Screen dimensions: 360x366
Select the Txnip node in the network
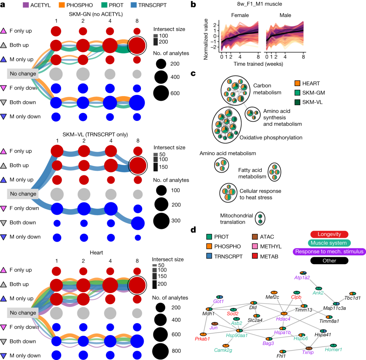click(x=309, y=348)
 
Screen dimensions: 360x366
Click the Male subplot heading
click(x=285, y=16)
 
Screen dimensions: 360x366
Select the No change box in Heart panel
click(x=23, y=312)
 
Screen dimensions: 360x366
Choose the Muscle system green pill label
click(x=329, y=242)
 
